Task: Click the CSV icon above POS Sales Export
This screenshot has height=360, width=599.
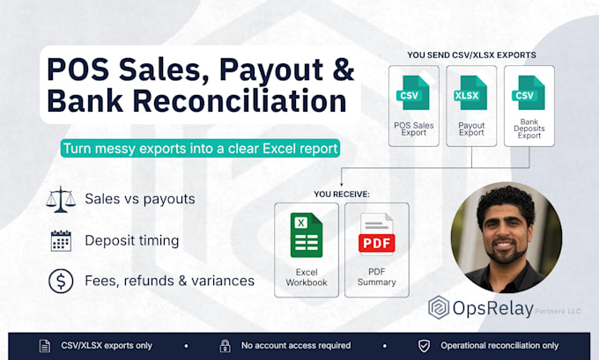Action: pyautogui.click(x=413, y=92)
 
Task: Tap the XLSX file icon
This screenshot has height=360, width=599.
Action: pyautogui.click(x=470, y=92)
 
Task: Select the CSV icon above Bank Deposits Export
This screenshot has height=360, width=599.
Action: pyautogui.click(x=529, y=92)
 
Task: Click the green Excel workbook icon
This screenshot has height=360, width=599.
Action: pyautogui.click(x=307, y=235)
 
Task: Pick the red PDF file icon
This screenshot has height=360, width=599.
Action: pyautogui.click(x=376, y=233)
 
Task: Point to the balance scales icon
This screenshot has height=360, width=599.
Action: pyautogui.click(x=61, y=199)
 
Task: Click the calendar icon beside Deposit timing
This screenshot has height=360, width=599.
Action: pyautogui.click(x=61, y=240)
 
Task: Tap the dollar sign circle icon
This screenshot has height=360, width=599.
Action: pyautogui.click(x=61, y=281)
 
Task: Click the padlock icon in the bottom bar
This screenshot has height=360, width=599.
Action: pyautogui.click(x=225, y=346)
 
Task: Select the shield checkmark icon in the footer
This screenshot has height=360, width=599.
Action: pyautogui.click(x=424, y=346)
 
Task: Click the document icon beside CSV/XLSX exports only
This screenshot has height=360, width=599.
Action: pyautogui.click(x=45, y=346)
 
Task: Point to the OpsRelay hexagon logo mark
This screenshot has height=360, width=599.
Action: pyautogui.click(x=439, y=307)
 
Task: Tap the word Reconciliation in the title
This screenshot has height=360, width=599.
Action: pyautogui.click(x=240, y=101)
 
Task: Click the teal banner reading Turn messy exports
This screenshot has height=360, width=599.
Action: pyautogui.click(x=200, y=149)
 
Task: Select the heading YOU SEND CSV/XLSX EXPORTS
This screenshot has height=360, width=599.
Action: pyautogui.click(x=471, y=55)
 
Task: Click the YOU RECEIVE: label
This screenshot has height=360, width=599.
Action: pyautogui.click(x=342, y=195)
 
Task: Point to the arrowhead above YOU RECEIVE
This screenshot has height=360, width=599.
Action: pyautogui.click(x=341, y=184)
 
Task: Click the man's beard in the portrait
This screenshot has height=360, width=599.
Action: pyautogui.click(x=504, y=253)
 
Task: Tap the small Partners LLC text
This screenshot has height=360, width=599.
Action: pyautogui.click(x=558, y=311)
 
